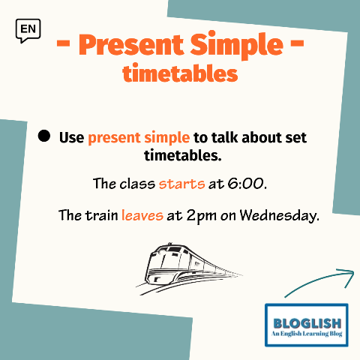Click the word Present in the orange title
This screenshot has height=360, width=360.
pyautogui.click(x=131, y=45)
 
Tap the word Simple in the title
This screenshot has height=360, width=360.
pyautogui.click(x=236, y=45)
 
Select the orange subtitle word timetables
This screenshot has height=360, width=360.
pyautogui.click(x=180, y=73)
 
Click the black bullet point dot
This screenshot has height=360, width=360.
pyautogui.click(x=44, y=136)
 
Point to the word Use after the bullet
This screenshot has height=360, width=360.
pyautogui.click(x=71, y=137)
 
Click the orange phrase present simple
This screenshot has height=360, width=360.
pyautogui.click(x=139, y=138)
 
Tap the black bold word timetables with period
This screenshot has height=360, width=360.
pyautogui.click(x=183, y=155)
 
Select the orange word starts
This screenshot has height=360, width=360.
pyautogui.click(x=181, y=184)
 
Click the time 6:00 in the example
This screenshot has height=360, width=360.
pyautogui.click(x=245, y=184)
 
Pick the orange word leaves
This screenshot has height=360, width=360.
pyautogui.click(x=142, y=214)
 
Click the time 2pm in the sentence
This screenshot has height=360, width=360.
pyautogui.click(x=202, y=216)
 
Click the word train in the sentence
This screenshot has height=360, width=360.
pyautogui.click(x=102, y=215)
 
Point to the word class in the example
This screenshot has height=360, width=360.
pyautogui.click(x=137, y=184)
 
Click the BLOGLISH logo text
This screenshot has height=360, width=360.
pyautogui.click(x=307, y=323)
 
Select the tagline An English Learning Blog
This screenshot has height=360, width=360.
pyautogui.click(x=307, y=334)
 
